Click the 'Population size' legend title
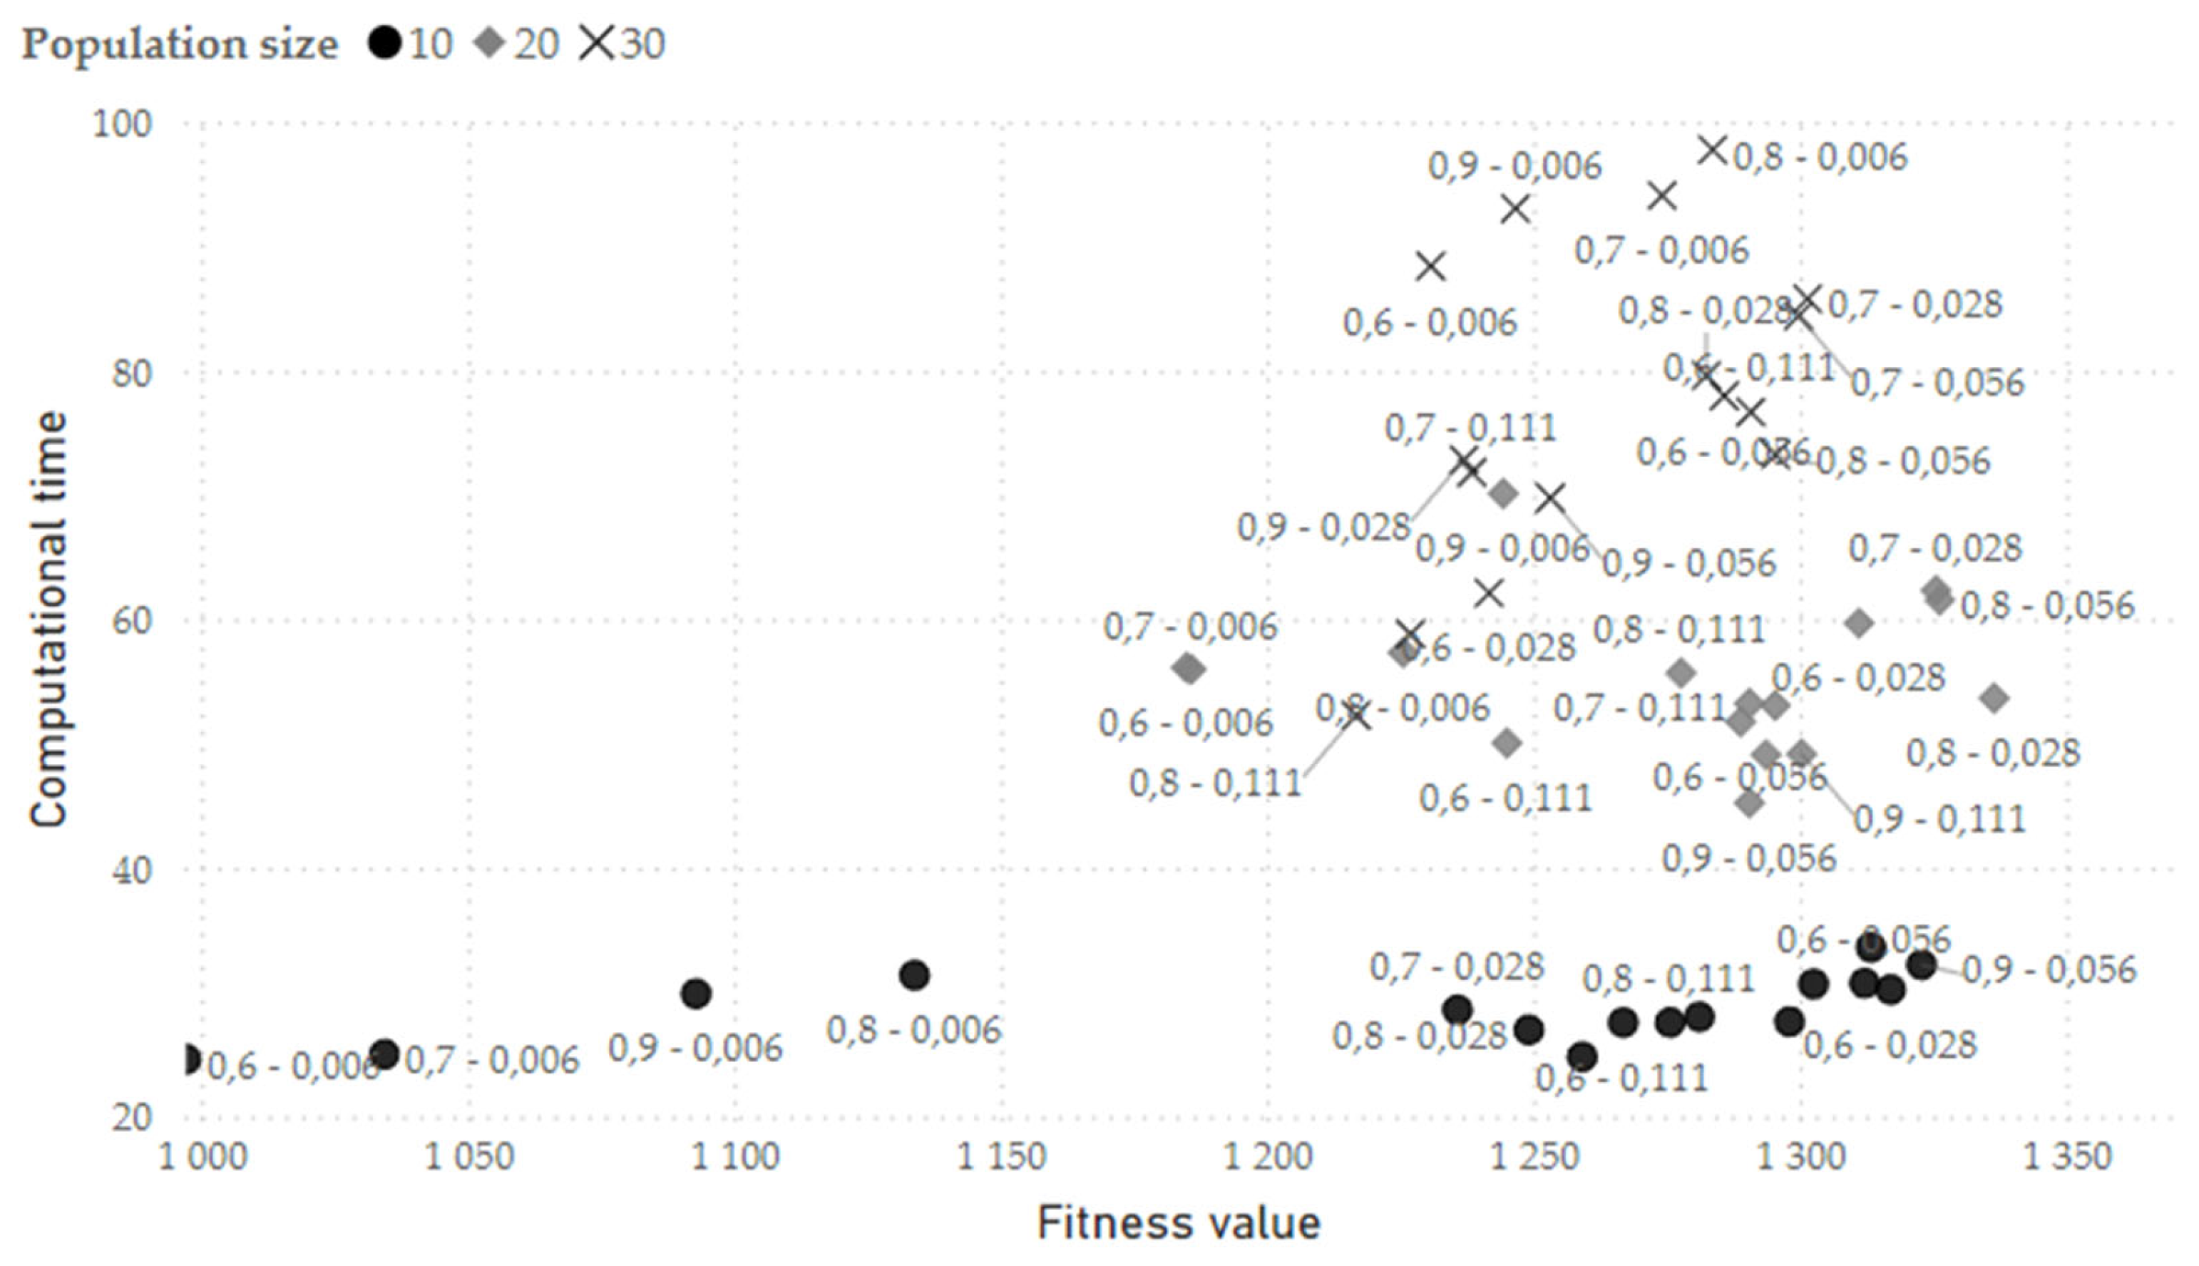[x=179, y=43]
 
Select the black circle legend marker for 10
[x=385, y=42]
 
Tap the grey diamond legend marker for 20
[x=491, y=42]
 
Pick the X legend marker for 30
[x=598, y=42]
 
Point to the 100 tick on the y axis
[x=122, y=123]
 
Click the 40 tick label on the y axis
[x=130, y=870]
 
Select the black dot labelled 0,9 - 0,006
[x=696, y=993]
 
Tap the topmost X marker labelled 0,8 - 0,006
[x=1712, y=150]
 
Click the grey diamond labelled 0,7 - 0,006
[x=1189, y=669]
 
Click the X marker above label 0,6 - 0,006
[x=1430, y=266]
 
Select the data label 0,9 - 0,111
[x=1939, y=819]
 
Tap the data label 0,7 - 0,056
[x=1937, y=383]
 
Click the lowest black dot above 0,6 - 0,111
[x=1582, y=1057]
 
